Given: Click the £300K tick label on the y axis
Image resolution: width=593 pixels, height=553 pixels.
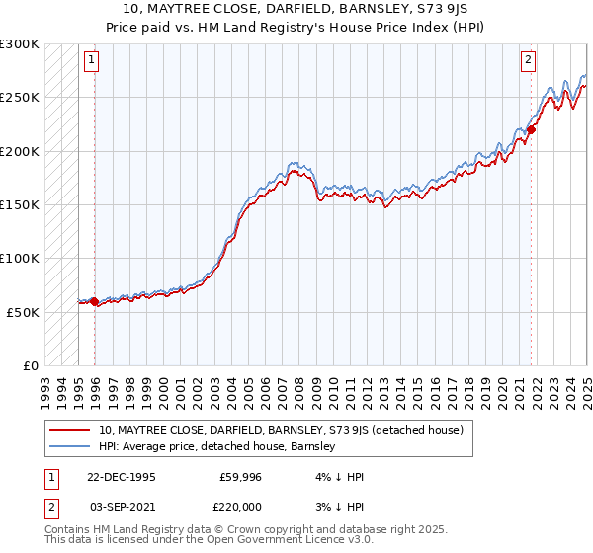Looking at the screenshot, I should click(19, 44).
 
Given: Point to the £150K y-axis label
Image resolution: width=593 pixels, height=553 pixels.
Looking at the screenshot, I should click(19, 204).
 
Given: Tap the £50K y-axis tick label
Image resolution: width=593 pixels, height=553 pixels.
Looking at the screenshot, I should click(22, 312).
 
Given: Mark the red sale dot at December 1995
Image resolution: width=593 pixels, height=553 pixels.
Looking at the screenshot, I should click(95, 302).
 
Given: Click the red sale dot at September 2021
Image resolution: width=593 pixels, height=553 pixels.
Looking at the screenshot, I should click(531, 129).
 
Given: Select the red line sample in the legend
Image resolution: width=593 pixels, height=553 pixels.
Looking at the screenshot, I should click(70, 430).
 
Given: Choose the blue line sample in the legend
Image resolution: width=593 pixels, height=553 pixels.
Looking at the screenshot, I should click(70, 446).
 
